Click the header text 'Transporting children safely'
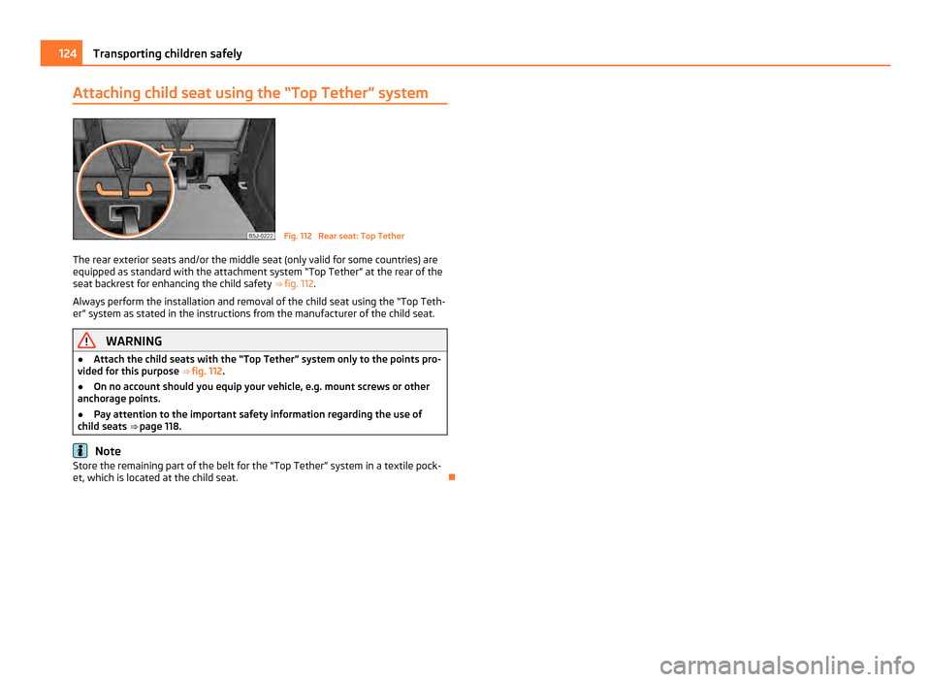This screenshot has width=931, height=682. [x=163, y=53]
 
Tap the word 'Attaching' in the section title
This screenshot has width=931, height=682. [x=108, y=93]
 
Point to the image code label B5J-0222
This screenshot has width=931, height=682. [x=261, y=235]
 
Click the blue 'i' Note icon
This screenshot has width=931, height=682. [x=80, y=451]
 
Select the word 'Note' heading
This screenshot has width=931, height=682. [x=108, y=451]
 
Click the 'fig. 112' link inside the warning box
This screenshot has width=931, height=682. [x=213, y=371]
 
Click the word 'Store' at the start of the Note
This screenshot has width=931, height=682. [x=89, y=466]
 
